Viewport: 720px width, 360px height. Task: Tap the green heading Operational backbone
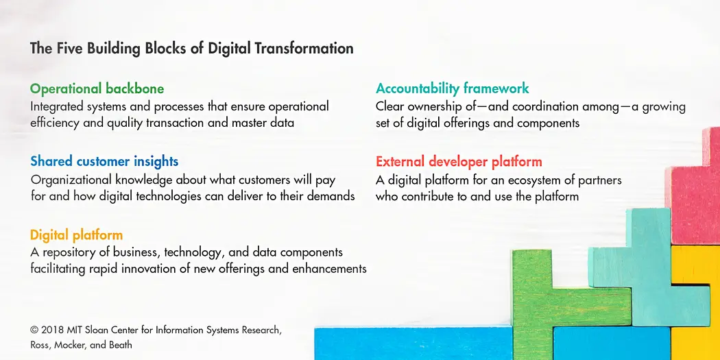pyautogui.click(x=97, y=88)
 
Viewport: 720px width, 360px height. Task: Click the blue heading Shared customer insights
pyautogui.click(x=104, y=161)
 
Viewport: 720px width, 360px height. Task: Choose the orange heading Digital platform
pyautogui.click(x=76, y=235)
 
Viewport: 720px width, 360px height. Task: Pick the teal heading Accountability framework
pyautogui.click(x=452, y=88)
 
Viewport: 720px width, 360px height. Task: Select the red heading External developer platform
pyautogui.click(x=459, y=162)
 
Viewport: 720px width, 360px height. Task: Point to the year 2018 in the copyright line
pyautogui.click(x=53, y=330)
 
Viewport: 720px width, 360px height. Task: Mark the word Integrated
pyautogui.click(x=57, y=106)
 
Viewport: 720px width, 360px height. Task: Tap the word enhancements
pyautogui.click(x=328, y=268)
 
